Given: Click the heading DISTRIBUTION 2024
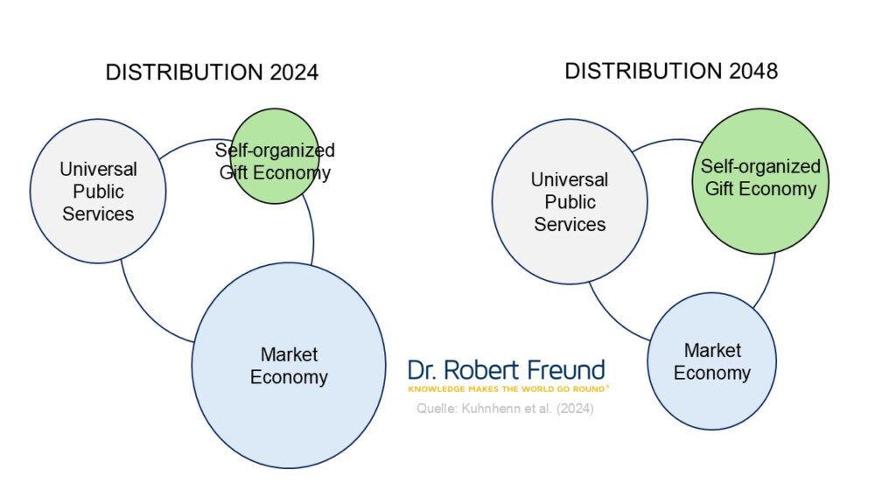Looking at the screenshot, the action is (212, 73).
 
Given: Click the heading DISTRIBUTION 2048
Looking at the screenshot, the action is (671, 72).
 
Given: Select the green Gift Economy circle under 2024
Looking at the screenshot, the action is (275, 156).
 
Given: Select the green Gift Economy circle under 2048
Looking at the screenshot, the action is (760, 181).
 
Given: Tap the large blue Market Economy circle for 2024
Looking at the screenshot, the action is (289, 366).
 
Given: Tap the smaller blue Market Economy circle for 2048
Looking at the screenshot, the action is (712, 361).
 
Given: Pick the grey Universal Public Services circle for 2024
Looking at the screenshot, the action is (98, 192).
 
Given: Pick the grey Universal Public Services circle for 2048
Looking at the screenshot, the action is (570, 202).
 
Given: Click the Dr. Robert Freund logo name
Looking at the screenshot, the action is (507, 370).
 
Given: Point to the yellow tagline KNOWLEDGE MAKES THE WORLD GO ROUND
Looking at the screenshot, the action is (508, 389).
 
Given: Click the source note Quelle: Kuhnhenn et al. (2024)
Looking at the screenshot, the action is (505, 409).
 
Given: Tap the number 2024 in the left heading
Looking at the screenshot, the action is (294, 73).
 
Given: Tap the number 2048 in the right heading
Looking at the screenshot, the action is (753, 72).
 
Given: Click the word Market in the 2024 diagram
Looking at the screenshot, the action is (289, 354).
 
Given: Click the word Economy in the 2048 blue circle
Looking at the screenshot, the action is (712, 373).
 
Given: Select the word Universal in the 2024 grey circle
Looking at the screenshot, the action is (98, 169).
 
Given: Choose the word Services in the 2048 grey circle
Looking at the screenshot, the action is (570, 224).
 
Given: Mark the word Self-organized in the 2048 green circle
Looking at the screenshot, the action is (760, 166).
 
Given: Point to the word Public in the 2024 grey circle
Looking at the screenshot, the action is (98, 192).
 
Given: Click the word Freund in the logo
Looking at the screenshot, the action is (566, 370).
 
